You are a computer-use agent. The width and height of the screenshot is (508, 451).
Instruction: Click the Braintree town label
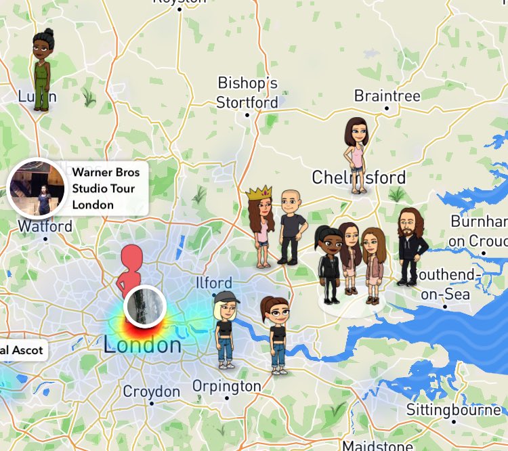(387, 96)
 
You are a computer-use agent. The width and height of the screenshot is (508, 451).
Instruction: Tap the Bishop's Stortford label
(247, 93)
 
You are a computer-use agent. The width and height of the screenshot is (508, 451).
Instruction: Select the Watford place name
(45, 226)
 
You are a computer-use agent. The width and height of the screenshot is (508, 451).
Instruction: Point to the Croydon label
(151, 391)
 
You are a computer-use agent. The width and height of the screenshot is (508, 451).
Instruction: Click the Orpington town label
(226, 387)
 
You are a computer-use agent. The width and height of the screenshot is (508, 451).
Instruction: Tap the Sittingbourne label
(453, 410)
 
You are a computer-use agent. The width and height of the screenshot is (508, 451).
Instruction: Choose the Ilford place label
(213, 282)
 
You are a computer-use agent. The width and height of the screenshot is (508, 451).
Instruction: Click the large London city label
(142, 345)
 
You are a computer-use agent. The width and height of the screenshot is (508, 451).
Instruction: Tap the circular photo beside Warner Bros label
(36, 188)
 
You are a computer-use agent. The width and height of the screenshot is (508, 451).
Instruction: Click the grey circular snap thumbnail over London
(145, 306)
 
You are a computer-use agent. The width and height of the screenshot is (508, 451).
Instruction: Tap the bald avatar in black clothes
(292, 226)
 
